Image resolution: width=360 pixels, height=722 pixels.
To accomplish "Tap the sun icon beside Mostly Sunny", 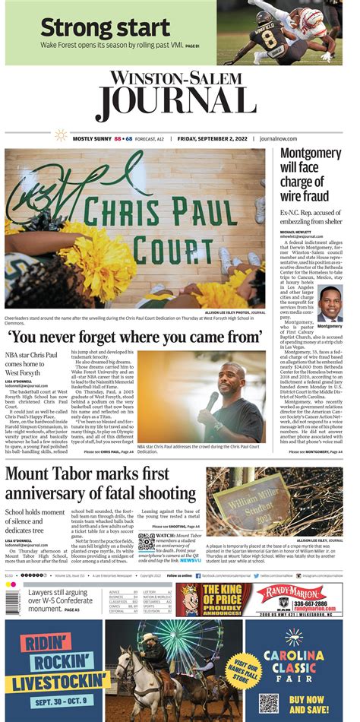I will tap(61, 136).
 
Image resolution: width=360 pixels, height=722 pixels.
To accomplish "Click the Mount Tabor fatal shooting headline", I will tap(99, 484).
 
